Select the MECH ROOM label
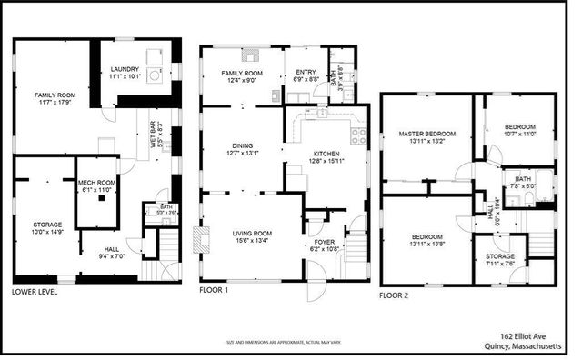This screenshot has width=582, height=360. click(97, 185)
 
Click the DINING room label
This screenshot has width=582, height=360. click(242, 149)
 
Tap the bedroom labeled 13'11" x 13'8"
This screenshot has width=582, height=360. click(426, 238)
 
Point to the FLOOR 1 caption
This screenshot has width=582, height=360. click(215, 291)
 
